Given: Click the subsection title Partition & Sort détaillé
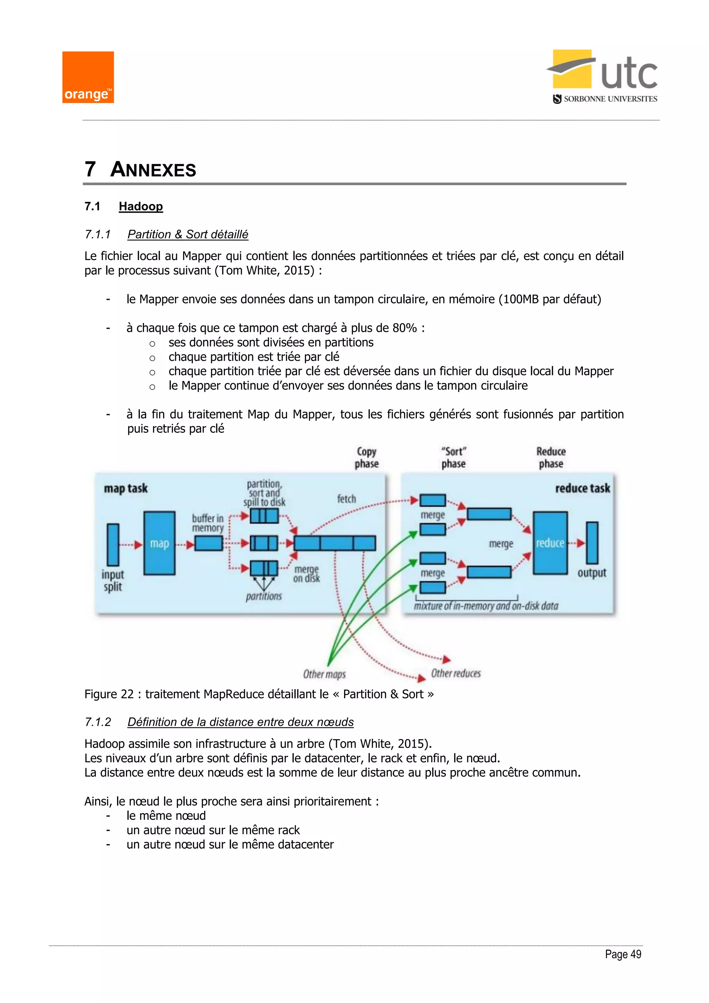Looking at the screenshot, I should [x=188, y=234].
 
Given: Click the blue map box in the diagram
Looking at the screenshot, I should [x=159, y=543].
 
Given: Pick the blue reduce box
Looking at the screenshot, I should [x=550, y=543].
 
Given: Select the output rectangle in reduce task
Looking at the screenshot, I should [x=592, y=543].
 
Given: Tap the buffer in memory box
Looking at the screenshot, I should [x=209, y=543].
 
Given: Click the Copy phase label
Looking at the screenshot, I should [x=366, y=458].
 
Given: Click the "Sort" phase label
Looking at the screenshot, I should [x=454, y=458].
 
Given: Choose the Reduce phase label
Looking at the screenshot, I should [x=551, y=458].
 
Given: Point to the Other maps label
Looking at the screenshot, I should [x=324, y=674].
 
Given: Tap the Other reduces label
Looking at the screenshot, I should [x=456, y=673].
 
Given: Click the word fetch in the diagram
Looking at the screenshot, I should [x=346, y=499].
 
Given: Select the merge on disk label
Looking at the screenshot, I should [x=306, y=574].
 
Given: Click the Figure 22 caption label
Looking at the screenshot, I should [x=109, y=694].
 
